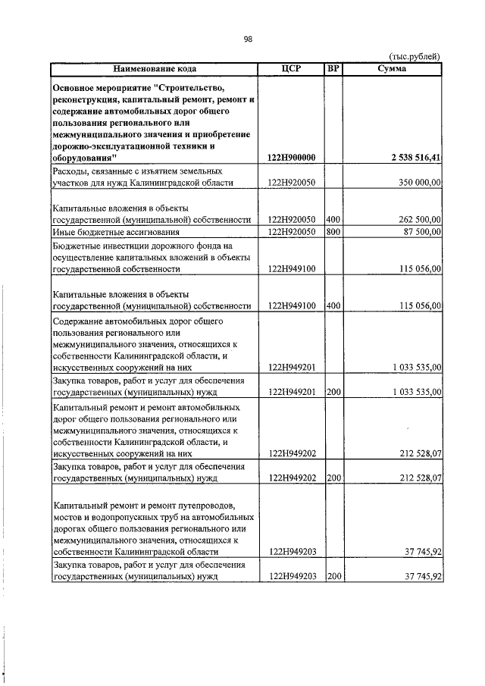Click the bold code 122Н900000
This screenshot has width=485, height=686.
click(292, 158)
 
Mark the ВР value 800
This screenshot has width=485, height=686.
click(332, 231)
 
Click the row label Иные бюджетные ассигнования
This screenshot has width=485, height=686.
click(105, 231)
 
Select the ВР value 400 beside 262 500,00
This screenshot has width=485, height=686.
click(332, 219)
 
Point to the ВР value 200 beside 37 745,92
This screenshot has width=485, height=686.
click(332, 577)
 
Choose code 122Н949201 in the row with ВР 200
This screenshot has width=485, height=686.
click(292, 393)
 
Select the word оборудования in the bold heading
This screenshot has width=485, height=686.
click(84, 158)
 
